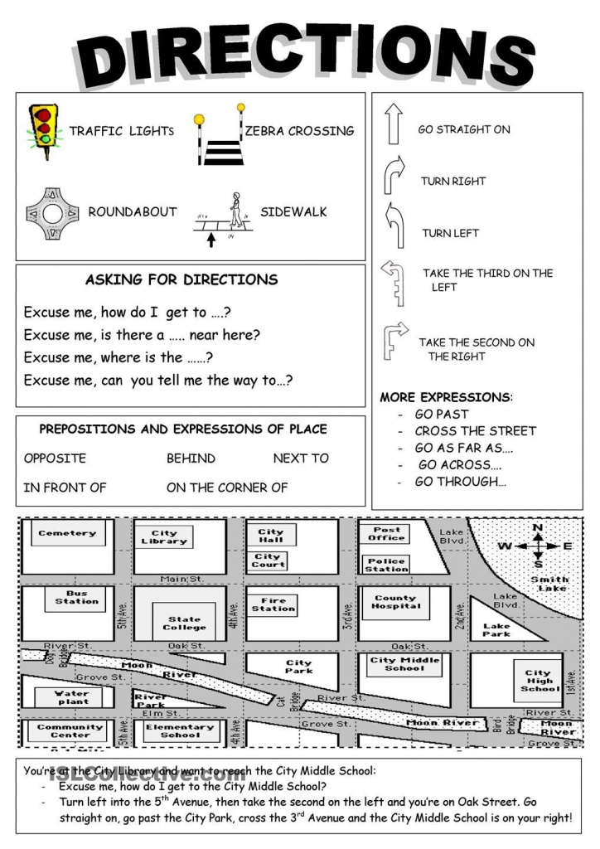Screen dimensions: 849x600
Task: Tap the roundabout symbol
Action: pyautogui.click(x=52, y=213)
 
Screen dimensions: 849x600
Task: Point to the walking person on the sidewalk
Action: pyautogui.click(x=235, y=211)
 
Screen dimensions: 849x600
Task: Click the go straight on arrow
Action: pyautogui.click(x=394, y=125)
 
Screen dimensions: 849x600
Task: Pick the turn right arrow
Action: pyautogui.click(x=394, y=175)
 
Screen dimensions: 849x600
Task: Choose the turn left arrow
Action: pyautogui.click(x=394, y=226)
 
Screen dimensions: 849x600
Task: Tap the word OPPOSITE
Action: pyautogui.click(x=55, y=458)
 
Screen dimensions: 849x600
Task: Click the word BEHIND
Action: pyautogui.click(x=191, y=458)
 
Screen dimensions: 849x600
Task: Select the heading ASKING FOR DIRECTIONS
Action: pyautogui.click(x=181, y=279)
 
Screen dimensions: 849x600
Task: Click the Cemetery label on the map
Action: pyautogui.click(x=67, y=533)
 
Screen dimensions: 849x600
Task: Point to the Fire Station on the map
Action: pyautogui.click(x=273, y=604)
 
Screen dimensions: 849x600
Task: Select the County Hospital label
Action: pyautogui.click(x=395, y=602)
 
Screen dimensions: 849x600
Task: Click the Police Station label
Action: pyautogui.click(x=386, y=565)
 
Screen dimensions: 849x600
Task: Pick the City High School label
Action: pyautogui.click(x=539, y=681)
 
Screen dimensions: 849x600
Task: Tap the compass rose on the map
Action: pyautogui.click(x=538, y=546)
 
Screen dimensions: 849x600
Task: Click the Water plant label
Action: pyautogui.click(x=72, y=696)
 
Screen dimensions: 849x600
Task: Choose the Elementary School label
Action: pyautogui.click(x=181, y=730)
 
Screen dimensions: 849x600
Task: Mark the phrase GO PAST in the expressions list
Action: pyautogui.click(x=442, y=414)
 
